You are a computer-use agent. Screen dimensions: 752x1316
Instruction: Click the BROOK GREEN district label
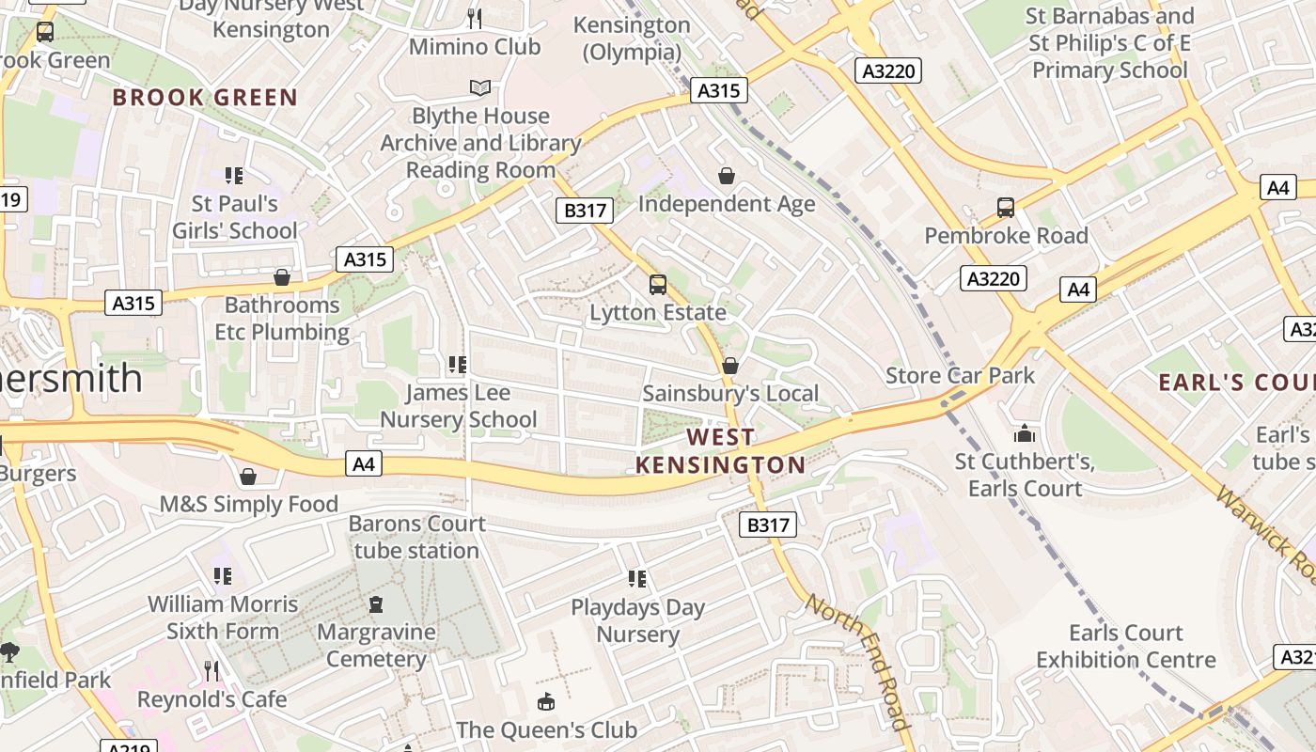click(x=205, y=97)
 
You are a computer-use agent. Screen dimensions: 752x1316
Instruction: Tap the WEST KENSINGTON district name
click(x=721, y=451)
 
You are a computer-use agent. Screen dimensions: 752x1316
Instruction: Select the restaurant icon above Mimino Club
click(x=475, y=18)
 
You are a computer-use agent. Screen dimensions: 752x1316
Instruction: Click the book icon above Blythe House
click(x=480, y=87)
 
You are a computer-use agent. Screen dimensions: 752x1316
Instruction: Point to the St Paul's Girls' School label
click(x=235, y=217)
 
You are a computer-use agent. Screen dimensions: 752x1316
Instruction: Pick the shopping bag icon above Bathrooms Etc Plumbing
click(x=281, y=277)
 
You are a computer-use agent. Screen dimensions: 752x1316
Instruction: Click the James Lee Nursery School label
click(x=459, y=406)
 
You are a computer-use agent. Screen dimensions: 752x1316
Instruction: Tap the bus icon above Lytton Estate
click(x=658, y=284)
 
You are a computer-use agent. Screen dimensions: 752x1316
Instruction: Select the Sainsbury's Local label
click(x=730, y=394)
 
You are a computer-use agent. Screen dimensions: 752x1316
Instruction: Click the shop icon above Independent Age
click(x=727, y=176)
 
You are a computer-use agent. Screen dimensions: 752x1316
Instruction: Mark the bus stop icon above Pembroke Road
click(x=1006, y=208)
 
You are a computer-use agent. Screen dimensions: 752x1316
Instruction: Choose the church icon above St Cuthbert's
click(x=1025, y=433)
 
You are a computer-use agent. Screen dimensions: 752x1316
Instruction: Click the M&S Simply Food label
click(x=248, y=504)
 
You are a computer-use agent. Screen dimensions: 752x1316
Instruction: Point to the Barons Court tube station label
click(x=417, y=537)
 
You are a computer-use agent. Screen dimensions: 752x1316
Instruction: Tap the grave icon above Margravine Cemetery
click(x=376, y=603)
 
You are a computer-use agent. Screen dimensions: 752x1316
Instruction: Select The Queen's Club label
click(x=546, y=729)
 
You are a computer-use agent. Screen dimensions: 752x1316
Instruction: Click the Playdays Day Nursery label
click(x=638, y=620)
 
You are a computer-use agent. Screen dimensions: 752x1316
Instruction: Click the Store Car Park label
click(x=960, y=376)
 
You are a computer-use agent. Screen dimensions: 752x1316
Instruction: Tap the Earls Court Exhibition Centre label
click(x=1126, y=646)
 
